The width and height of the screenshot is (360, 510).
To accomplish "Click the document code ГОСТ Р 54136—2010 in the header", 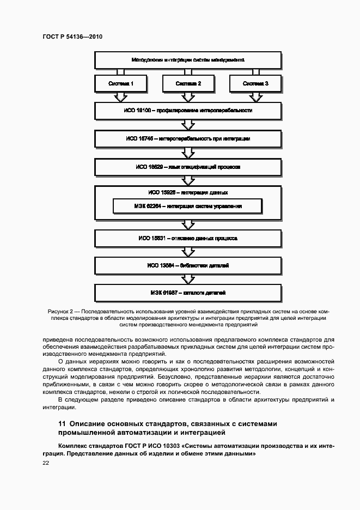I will [x=72, y=36].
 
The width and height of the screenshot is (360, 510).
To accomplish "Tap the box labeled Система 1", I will [x=120, y=84].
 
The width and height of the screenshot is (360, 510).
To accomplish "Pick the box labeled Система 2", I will [x=188, y=84].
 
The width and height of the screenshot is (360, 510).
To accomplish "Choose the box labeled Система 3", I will [x=255, y=84].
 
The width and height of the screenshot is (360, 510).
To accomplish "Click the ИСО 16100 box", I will [x=188, y=111].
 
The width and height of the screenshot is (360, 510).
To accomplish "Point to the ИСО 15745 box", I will [x=188, y=139].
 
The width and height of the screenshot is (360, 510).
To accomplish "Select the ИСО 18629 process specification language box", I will [x=188, y=167].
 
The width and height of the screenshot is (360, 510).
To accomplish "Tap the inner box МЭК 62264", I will [x=188, y=207].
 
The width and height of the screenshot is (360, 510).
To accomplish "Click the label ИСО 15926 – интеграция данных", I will [x=188, y=192].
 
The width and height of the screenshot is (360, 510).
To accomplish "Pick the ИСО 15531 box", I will [x=188, y=238].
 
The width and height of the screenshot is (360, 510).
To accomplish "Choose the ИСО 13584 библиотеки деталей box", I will [x=188, y=265].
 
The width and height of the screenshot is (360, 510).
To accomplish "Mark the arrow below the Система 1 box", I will [x=120, y=97].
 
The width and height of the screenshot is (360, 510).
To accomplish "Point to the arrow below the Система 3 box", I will [x=255, y=97].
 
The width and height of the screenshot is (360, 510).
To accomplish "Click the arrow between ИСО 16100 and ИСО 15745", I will [x=188, y=125].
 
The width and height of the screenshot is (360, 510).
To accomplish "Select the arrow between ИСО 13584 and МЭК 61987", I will [x=188, y=279].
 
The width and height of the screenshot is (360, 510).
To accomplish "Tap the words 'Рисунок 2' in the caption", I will [x=60, y=311].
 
